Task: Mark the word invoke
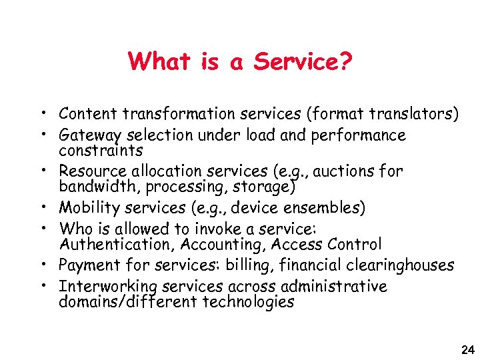(217, 229)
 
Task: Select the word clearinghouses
(399, 265)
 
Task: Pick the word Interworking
(102, 287)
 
